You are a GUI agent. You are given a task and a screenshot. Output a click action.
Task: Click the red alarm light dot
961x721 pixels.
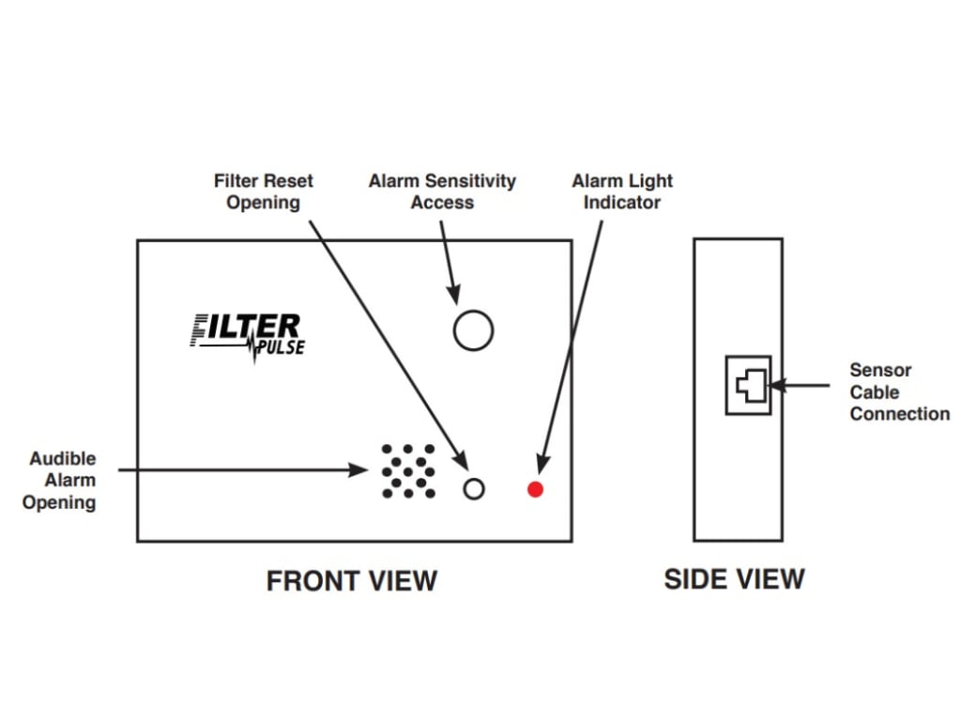click(535, 489)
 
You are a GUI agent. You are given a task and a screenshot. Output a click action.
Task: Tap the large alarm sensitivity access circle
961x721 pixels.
click(473, 330)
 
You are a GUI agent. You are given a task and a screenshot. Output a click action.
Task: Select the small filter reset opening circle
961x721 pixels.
click(474, 489)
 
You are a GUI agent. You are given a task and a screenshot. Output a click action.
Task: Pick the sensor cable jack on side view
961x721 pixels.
click(749, 385)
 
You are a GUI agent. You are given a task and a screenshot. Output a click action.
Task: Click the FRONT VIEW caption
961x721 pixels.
click(352, 581)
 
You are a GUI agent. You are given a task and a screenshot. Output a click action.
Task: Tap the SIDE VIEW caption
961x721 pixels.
click(734, 579)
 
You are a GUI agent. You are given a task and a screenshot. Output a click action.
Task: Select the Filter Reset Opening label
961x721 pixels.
click(264, 192)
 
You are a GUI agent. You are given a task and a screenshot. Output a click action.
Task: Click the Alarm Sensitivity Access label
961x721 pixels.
click(442, 192)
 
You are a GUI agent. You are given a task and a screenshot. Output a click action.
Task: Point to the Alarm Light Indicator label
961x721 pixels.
click(622, 192)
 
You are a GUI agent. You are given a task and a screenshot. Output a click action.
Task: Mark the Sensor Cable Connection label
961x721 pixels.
click(899, 392)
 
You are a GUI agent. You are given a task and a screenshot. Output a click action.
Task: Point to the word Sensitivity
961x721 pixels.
click(474, 181)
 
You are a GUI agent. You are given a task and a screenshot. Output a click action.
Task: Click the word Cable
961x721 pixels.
click(875, 392)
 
